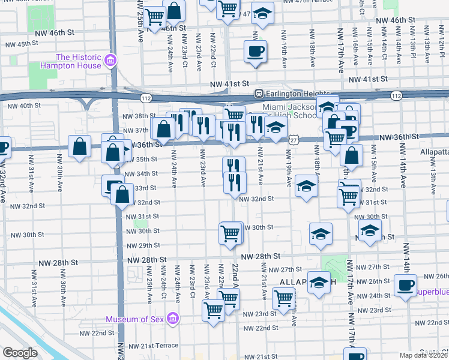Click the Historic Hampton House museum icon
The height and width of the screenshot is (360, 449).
(x=110, y=61)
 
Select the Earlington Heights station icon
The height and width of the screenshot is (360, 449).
(x=259, y=93)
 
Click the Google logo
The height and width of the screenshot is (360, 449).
(x=20, y=353)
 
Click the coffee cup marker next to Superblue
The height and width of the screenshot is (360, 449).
(x=405, y=285)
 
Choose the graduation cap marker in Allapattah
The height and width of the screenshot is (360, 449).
(x=318, y=283)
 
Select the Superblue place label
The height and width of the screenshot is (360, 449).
(x=429, y=291)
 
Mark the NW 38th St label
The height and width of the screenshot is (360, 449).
(x=135, y=116)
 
